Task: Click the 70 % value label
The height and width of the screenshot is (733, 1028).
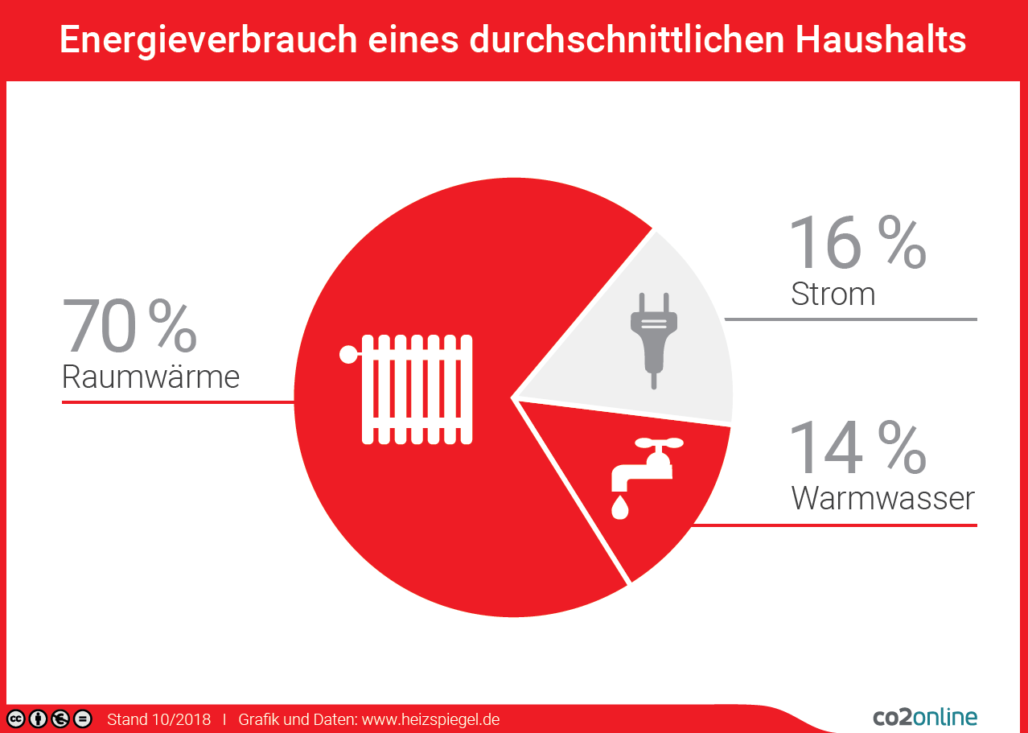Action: [130, 326]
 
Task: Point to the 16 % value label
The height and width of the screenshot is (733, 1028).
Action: [857, 242]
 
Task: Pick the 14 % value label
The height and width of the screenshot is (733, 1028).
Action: [857, 447]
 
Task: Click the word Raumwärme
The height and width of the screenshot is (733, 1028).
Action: [150, 377]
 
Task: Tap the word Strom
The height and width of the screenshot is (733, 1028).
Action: [833, 294]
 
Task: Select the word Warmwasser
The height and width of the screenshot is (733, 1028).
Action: [882, 498]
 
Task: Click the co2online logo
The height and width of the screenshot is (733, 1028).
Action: [925, 717]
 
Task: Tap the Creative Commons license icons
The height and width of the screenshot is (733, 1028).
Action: [49, 719]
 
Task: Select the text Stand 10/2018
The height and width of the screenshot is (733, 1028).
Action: [158, 719]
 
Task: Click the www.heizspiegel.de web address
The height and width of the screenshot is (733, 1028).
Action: [430, 719]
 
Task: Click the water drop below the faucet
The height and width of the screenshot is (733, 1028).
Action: [619, 508]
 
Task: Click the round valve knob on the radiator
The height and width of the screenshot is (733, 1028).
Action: [347, 354]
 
